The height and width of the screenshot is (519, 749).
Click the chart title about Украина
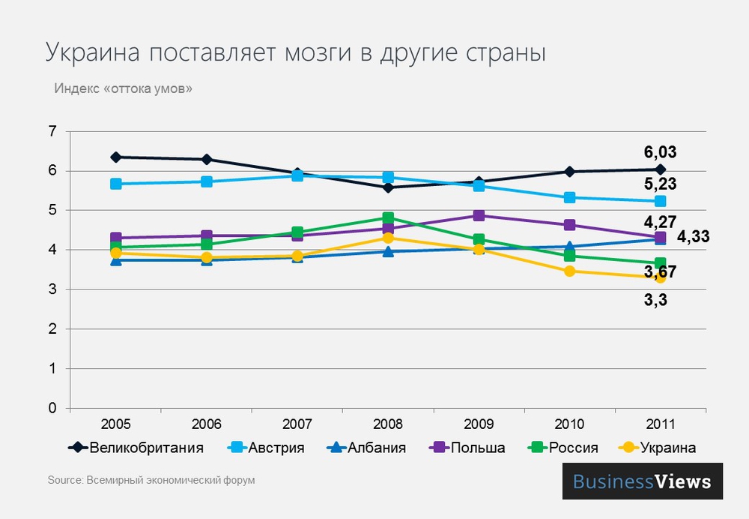[295, 53]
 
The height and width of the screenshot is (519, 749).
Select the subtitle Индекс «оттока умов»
[123, 88]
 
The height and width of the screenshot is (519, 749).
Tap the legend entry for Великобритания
[147, 448]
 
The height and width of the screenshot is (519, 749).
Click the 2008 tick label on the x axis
[388, 424]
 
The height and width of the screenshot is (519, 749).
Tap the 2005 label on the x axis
[115, 424]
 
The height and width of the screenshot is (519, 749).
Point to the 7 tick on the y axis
[52, 132]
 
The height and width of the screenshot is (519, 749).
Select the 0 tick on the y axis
[52, 409]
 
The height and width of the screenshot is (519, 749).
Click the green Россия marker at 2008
[388, 218]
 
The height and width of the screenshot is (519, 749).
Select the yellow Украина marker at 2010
[569, 271]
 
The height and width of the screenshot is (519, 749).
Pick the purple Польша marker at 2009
[479, 216]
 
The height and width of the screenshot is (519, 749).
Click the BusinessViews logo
[642, 481]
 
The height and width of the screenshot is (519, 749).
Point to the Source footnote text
[151, 480]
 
